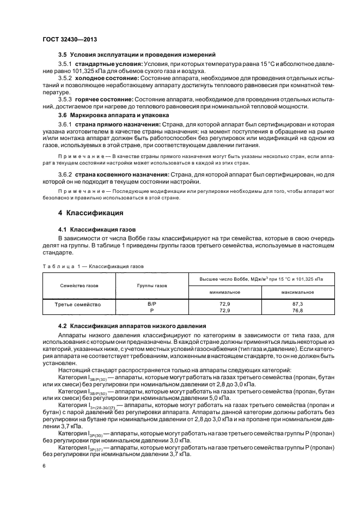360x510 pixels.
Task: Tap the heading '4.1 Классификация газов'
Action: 97,229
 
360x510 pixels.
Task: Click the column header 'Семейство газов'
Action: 80,285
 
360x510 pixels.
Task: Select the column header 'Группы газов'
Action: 152,285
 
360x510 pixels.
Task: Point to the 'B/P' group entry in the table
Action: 152,303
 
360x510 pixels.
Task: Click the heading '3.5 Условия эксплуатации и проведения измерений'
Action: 130,54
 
